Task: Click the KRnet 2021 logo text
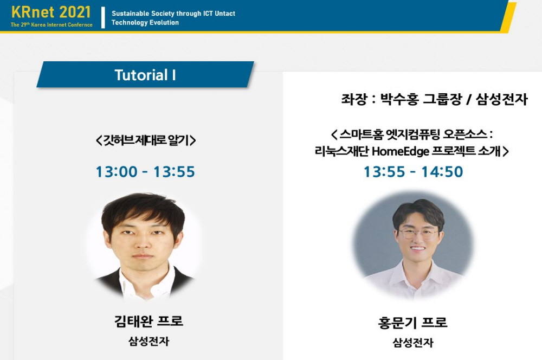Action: click(51, 12)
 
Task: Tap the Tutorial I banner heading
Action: click(145, 75)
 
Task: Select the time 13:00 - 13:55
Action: click(145, 171)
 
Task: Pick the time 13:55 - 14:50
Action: click(414, 171)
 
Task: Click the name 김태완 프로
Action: click(149, 321)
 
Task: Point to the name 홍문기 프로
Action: click(412, 322)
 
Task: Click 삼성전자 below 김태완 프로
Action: click(149, 342)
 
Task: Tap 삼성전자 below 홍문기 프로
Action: click(412, 342)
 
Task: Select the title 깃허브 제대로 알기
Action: click(146, 140)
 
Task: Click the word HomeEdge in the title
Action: click(401, 151)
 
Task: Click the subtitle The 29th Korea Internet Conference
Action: click(51, 24)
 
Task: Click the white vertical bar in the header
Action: click(103, 17)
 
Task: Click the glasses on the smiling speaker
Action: click(418, 234)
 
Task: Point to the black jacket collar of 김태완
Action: click(110, 281)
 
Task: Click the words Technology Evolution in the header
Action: click(145, 22)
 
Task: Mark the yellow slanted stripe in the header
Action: click(508, 17)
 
